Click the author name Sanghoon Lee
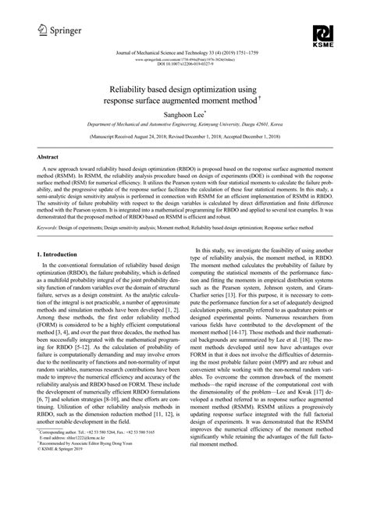pyautogui.click(x=183, y=113)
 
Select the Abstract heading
pyautogui.click(x=52, y=157)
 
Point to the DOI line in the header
pyautogui.click(x=185, y=63)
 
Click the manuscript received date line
pyautogui.click(x=185, y=136)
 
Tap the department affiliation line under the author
pyautogui.click(x=185, y=124)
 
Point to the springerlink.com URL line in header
pyautogui.click(x=185, y=58)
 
